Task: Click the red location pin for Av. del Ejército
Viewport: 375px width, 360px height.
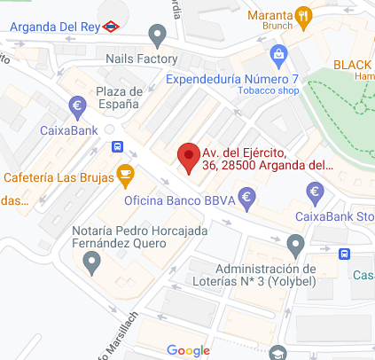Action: click(187, 157)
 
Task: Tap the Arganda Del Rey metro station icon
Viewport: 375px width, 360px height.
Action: click(110, 26)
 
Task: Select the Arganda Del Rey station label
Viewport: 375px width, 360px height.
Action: click(54, 26)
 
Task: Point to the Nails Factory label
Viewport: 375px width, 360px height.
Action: click(142, 59)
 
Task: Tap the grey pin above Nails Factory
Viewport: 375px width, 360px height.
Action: click(159, 36)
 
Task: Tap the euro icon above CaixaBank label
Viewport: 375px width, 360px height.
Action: click(77, 108)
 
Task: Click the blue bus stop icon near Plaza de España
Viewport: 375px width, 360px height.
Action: click(117, 146)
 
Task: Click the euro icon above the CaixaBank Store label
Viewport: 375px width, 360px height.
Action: click(314, 191)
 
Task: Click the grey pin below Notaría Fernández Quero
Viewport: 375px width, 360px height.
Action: click(90, 261)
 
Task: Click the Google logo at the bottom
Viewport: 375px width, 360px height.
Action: click(187, 350)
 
